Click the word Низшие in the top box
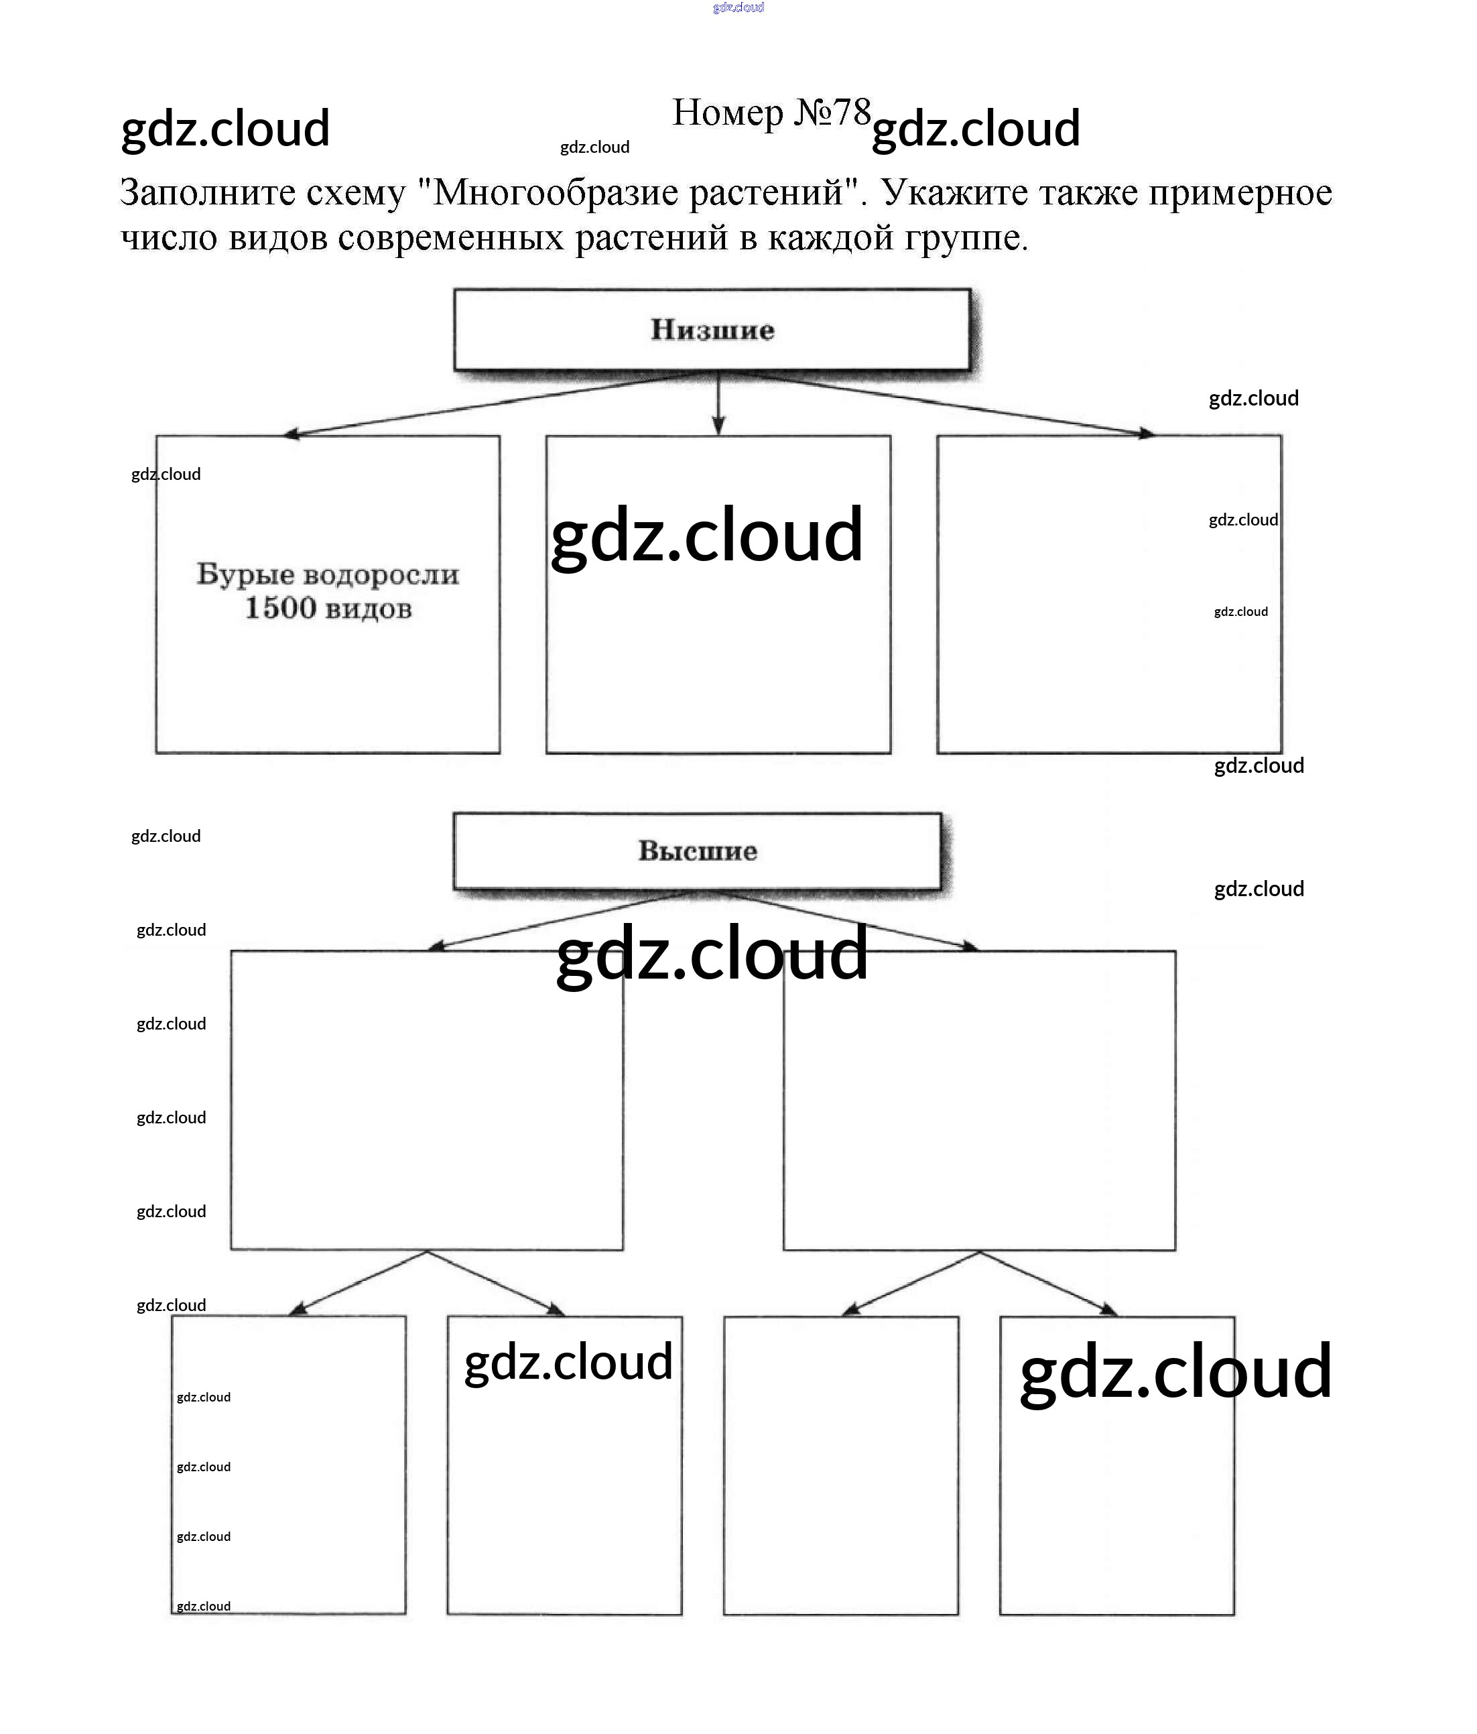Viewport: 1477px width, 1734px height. (x=712, y=330)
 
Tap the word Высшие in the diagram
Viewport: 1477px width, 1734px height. (x=697, y=851)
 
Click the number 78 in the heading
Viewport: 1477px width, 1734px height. (x=852, y=111)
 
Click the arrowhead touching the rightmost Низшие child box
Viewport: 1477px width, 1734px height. (x=1147, y=433)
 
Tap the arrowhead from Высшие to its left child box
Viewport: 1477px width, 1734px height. (x=435, y=946)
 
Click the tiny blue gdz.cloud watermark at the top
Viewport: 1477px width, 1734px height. (x=738, y=7)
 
